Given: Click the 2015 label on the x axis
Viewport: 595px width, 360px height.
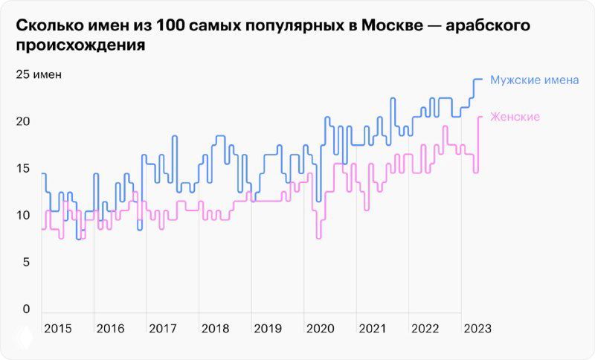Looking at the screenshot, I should (x=58, y=328).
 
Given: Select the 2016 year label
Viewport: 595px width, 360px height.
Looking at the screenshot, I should (x=110, y=328).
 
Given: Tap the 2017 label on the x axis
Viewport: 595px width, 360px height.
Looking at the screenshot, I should (x=163, y=328).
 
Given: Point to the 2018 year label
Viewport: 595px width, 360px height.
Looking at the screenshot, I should (x=215, y=328).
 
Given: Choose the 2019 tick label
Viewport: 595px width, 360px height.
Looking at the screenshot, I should (x=268, y=328).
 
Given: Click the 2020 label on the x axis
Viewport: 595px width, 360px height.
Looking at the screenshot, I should (x=320, y=328).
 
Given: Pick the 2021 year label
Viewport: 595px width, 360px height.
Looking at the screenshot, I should (x=373, y=328).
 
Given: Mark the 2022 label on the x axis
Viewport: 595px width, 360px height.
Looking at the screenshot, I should (x=425, y=328).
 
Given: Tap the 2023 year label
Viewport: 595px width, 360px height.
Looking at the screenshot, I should (x=477, y=328).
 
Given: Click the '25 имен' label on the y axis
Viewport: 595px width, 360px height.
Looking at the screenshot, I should (x=41, y=74).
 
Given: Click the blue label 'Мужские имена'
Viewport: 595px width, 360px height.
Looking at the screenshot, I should (x=534, y=80).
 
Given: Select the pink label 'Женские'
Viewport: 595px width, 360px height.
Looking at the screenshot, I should (x=515, y=117).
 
